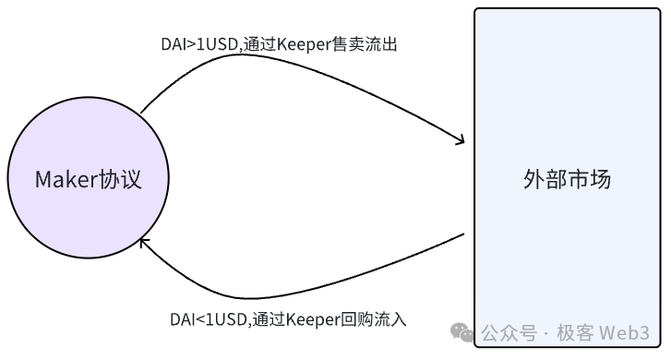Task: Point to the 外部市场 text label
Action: coord(566,179)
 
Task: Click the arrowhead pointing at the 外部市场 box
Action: coord(459,141)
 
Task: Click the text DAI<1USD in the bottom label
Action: coord(209,320)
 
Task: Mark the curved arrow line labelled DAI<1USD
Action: coord(305,286)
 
